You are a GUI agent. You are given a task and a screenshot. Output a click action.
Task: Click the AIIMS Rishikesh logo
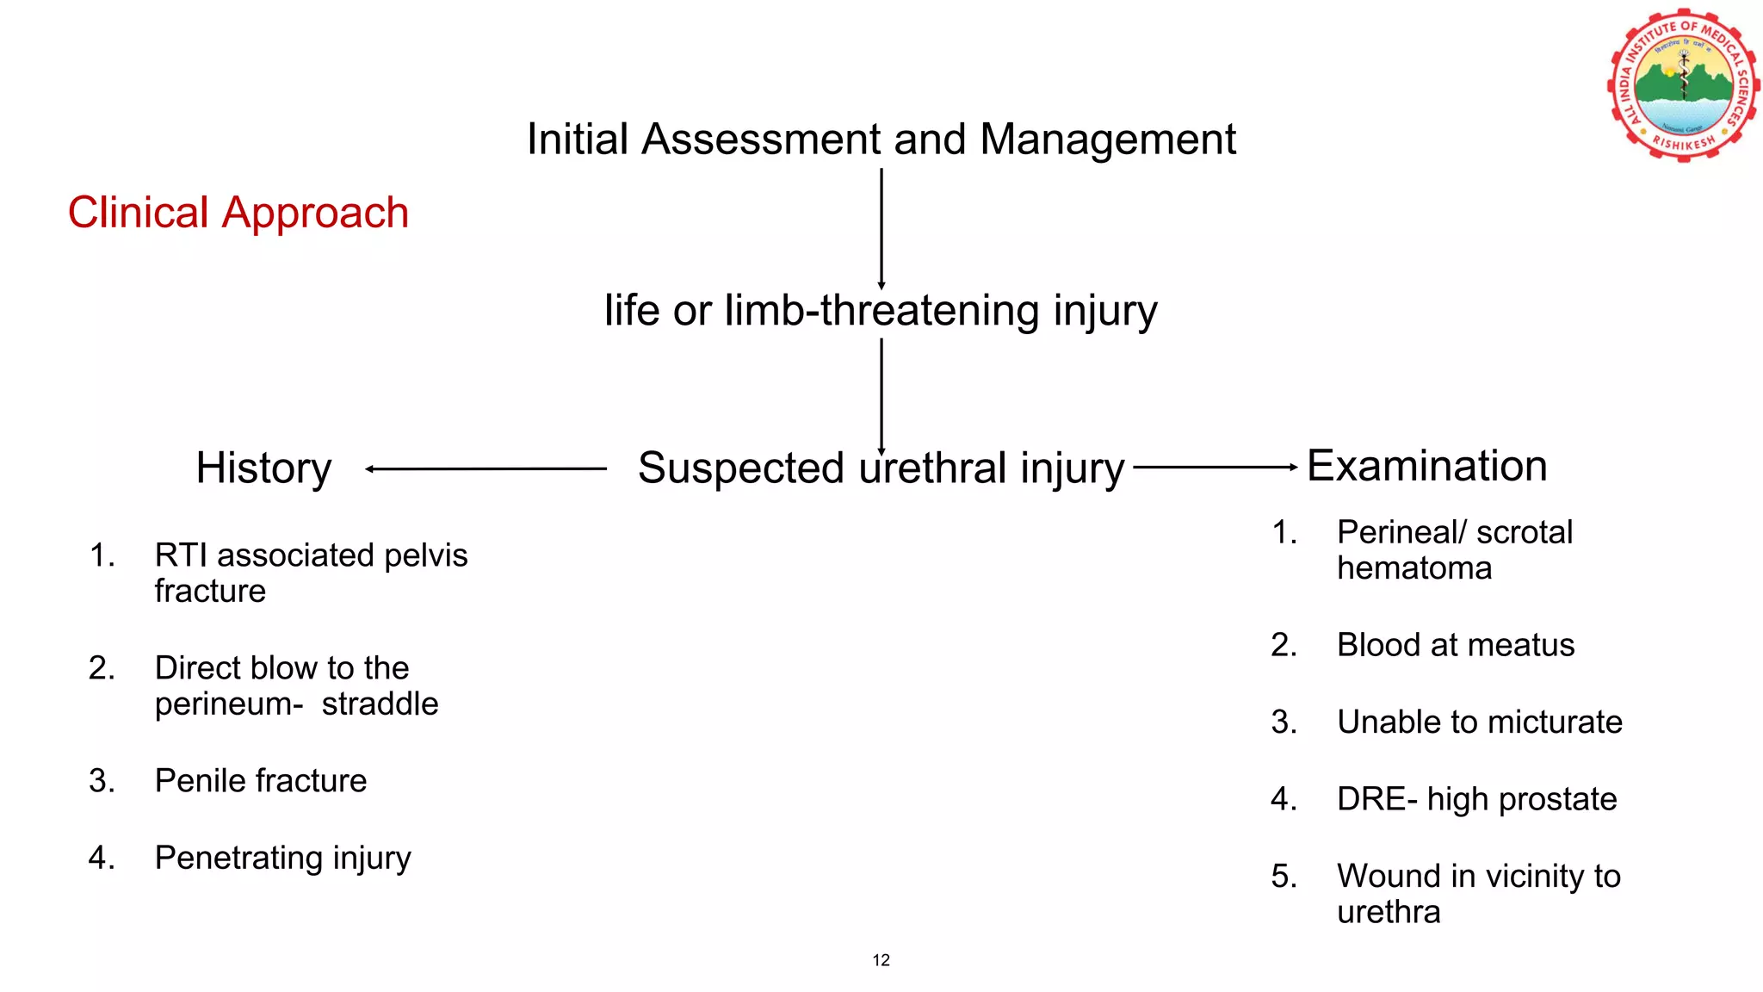(1683, 86)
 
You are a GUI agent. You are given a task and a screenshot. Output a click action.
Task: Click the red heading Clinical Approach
(238, 213)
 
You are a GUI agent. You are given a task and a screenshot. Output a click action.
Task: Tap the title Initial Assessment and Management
(881, 139)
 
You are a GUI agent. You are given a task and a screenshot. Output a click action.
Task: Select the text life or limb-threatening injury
(881, 311)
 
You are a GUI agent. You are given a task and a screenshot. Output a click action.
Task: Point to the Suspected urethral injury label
(881, 468)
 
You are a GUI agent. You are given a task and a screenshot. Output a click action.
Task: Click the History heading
(263, 468)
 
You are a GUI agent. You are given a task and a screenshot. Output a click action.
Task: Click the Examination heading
(1426, 466)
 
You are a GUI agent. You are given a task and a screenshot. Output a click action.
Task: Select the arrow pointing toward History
(486, 469)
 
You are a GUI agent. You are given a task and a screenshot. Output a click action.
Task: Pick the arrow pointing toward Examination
(1215, 468)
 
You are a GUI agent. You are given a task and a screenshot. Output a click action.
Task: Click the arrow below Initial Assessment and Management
(881, 229)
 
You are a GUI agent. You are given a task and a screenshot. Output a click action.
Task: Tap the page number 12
(881, 960)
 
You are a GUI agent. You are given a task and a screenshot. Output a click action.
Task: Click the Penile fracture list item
(260, 781)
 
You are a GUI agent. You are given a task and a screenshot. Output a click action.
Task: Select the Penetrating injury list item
(282, 858)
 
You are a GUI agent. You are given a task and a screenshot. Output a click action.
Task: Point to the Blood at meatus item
(1455, 645)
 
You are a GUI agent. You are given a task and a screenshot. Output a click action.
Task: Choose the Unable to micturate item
(1479, 722)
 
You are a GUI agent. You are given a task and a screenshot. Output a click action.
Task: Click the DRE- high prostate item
(1476, 799)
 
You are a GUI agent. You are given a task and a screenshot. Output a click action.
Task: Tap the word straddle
(380, 704)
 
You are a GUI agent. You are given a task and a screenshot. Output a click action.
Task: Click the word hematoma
(1414, 568)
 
